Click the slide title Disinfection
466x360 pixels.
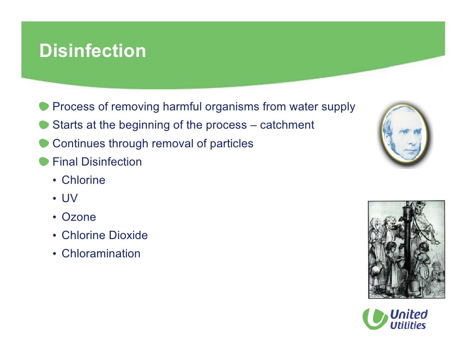point(92,51)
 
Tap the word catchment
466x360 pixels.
point(287,125)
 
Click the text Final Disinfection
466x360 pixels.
point(97,162)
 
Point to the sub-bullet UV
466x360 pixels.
point(69,198)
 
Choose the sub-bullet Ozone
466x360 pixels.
point(78,217)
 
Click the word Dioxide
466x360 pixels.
point(128,235)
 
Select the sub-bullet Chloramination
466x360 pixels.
point(101,253)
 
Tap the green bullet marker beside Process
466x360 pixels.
point(44,107)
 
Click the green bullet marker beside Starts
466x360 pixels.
point(44,125)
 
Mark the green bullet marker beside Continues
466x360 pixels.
point(44,143)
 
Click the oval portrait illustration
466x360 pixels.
point(405,134)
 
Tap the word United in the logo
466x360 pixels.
point(409,314)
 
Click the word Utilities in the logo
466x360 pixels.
point(408,326)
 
